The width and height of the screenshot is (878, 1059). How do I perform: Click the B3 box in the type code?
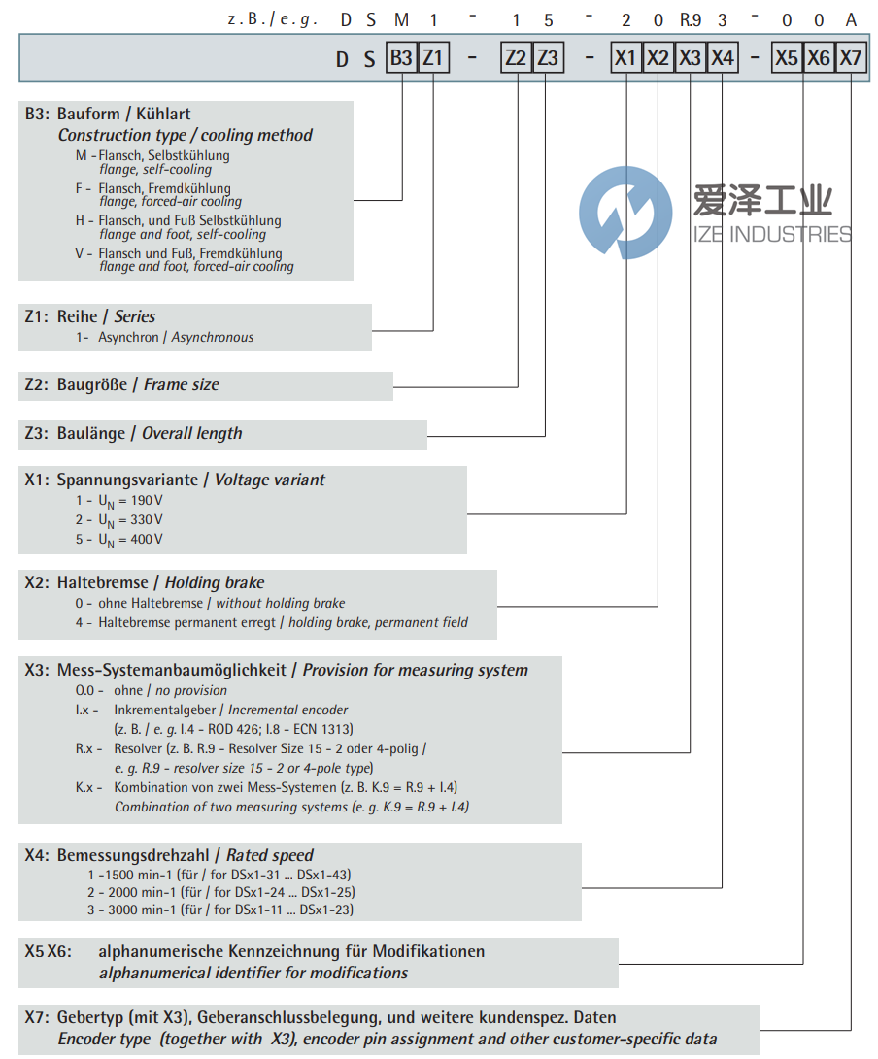pos(401,59)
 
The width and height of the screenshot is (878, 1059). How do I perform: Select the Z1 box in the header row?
pos(432,59)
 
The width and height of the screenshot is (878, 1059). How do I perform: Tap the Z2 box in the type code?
pos(516,59)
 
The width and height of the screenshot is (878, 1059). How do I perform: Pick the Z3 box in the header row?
pos(547,59)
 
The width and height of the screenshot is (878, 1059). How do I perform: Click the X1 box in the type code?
pos(625,59)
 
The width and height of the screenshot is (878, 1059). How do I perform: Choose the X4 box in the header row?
pos(722,59)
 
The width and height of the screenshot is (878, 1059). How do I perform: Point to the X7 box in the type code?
pos(850,59)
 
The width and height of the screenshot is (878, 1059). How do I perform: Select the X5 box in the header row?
pos(786,59)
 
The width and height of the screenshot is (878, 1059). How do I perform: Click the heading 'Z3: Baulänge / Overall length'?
pos(133,434)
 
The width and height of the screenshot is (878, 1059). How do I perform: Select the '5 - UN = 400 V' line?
pos(118,540)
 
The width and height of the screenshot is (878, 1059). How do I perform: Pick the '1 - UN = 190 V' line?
pos(118,501)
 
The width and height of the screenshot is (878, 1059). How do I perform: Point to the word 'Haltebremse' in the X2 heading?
pos(109,583)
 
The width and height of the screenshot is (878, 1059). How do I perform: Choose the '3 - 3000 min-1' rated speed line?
pos(219,910)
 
